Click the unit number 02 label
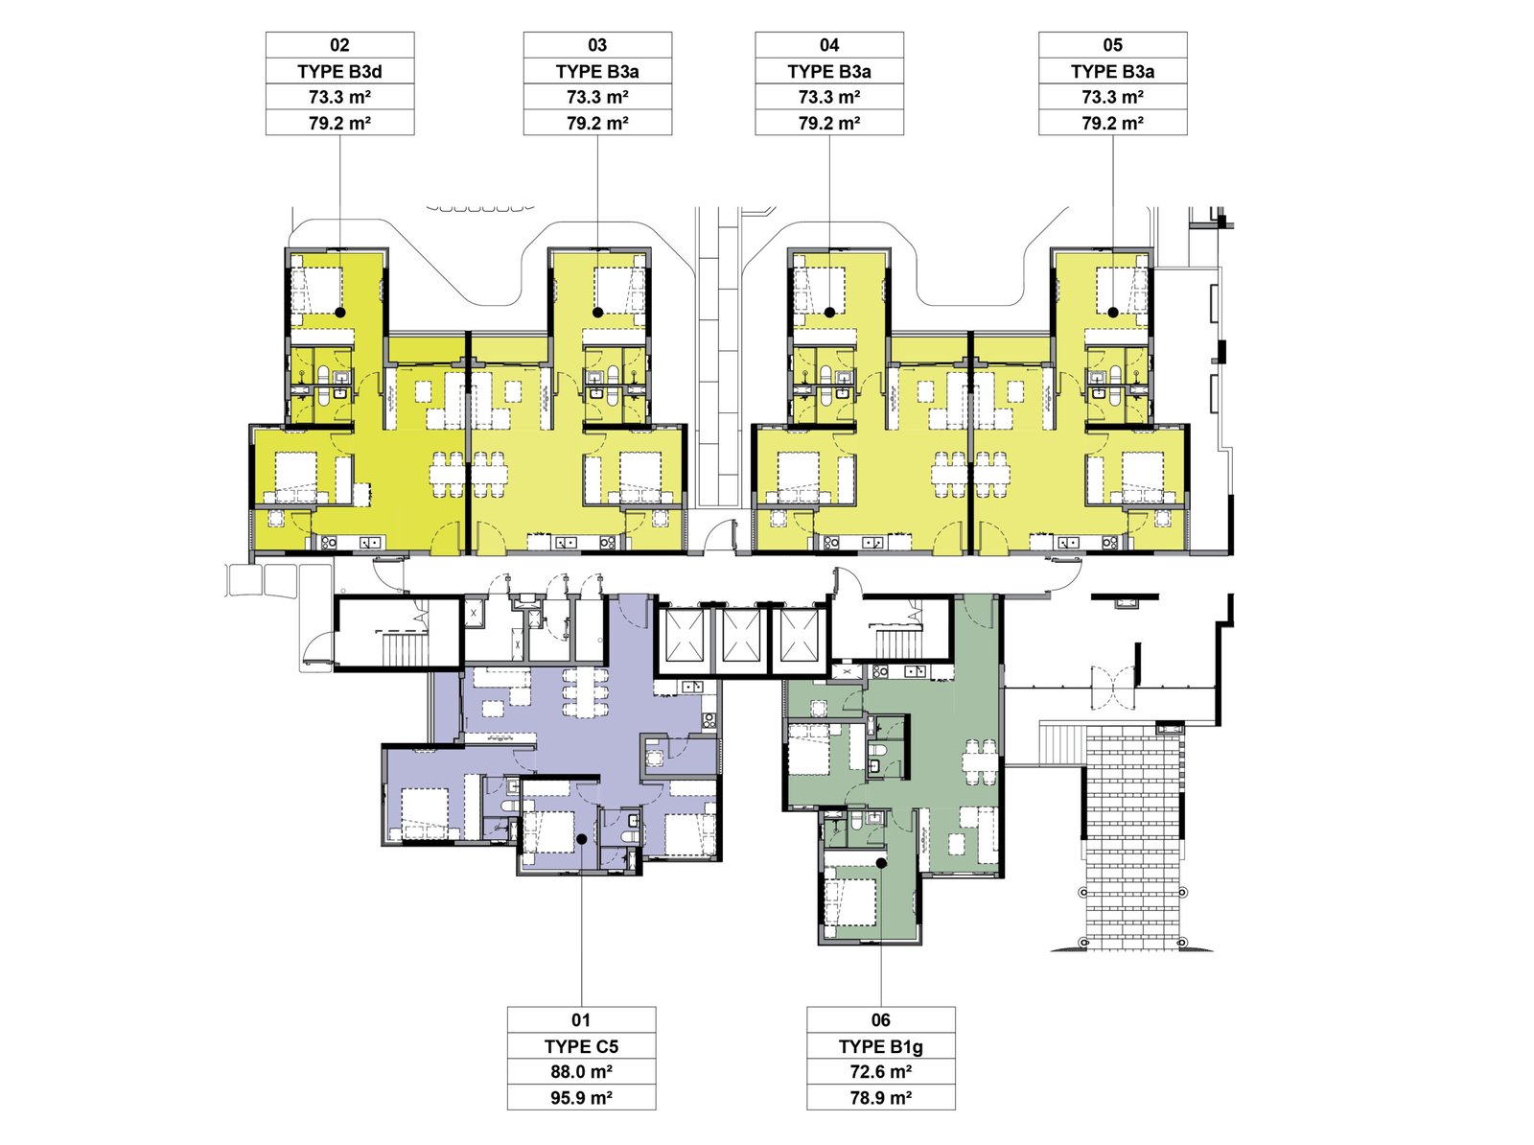(x=339, y=45)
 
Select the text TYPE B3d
(x=339, y=71)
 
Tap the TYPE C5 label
(x=581, y=1046)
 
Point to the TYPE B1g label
(x=880, y=1046)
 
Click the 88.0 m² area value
(x=581, y=1071)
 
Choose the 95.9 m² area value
(x=581, y=1097)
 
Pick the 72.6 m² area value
(x=880, y=1071)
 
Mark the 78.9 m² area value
(x=880, y=1097)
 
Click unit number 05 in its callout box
(x=1112, y=45)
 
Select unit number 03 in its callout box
(x=597, y=45)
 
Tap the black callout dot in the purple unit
(x=581, y=839)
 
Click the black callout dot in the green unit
(x=881, y=863)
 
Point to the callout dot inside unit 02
(x=340, y=313)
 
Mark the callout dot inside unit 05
(x=1112, y=313)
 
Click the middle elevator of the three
(x=741, y=636)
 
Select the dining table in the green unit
(x=980, y=763)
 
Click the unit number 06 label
(x=880, y=1020)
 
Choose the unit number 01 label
(x=581, y=1020)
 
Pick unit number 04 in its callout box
(x=829, y=45)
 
